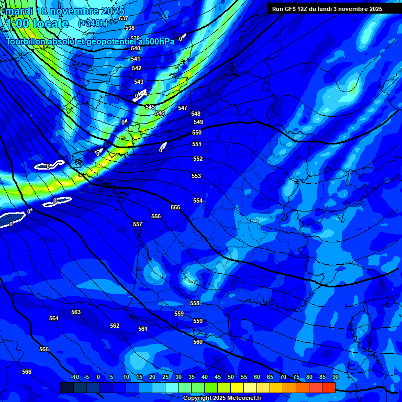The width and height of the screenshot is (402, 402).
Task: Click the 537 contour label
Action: [x=124, y=18]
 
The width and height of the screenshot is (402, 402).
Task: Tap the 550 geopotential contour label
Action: [x=197, y=132]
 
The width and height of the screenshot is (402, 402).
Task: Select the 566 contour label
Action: [x=27, y=372]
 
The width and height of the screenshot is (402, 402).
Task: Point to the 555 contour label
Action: [x=175, y=207]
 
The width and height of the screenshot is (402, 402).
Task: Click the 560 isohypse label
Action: [x=198, y=342]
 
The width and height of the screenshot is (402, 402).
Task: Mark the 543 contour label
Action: [x=139, y=82]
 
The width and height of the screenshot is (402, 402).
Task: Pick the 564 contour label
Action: [x=54, y=318]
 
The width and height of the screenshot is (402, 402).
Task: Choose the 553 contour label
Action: [x=196, y=176]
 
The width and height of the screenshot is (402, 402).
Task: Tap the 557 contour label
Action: [x=138, y=224]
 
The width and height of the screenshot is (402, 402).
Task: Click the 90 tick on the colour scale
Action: [x=335, y=377]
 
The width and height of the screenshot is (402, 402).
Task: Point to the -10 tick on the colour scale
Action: [x=74, y=377]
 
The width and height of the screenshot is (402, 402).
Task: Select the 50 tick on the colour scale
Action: [x=231, y=377]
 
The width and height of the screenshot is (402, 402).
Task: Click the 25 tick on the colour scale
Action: [x=165, y=377]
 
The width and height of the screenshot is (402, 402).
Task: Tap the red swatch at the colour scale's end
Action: [x=329, y=387]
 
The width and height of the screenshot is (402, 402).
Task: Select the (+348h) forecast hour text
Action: [x=93, y=23]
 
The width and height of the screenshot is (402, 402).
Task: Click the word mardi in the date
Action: [x=19, y=11]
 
